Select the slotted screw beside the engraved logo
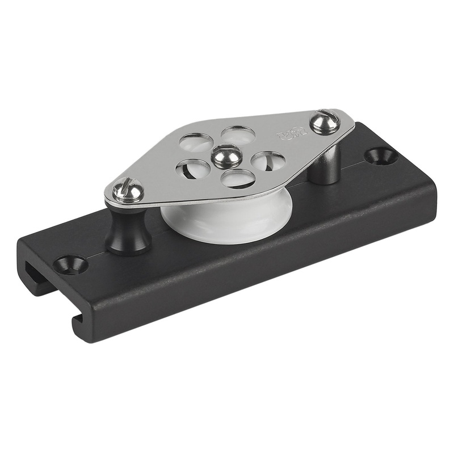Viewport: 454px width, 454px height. pos(324,122)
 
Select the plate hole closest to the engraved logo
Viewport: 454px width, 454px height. pos(267,161)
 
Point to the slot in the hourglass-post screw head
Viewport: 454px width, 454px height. pos(126,188)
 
